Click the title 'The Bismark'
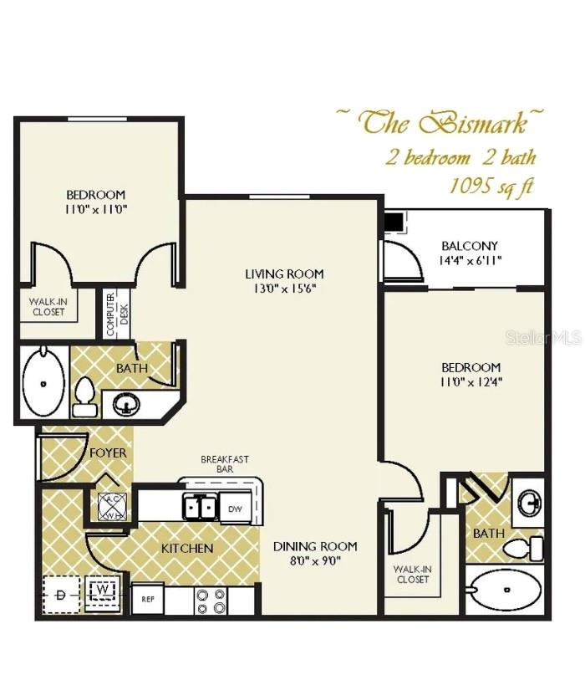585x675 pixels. pos(444,122)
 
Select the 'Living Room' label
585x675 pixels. pos(284,274)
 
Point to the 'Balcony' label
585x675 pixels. pos(470,246)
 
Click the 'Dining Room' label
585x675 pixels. pos(315,546)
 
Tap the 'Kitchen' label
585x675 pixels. pos(188,549)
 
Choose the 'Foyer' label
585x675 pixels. pos(109,453)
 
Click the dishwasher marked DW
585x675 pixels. pos(237,508)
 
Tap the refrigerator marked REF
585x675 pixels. pos(147,599)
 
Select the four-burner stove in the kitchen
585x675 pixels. pos(210,601)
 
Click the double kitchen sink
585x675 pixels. pos(201,507)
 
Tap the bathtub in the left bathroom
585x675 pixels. pos(43,384)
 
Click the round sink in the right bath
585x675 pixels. pos(528,504)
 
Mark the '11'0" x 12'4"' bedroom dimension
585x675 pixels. pos(471,382)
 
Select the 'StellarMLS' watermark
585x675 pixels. pos(543,338)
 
